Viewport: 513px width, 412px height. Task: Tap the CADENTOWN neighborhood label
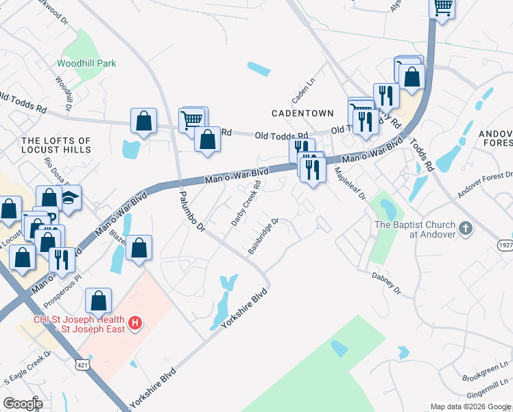[302, 113]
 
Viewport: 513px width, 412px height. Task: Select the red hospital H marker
[135, 321]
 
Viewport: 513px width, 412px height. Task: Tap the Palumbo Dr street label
[193, 214]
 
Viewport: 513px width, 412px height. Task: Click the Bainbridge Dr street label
[263, 236]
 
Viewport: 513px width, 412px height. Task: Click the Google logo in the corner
[23, 404]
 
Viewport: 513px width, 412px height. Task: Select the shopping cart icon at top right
[442, 8]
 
